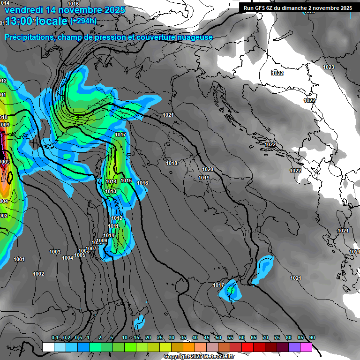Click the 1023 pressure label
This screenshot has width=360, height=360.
[x=329, y=67]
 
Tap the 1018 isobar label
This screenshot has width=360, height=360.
[x=172, y=163]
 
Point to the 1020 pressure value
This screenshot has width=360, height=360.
[x=208, y=169]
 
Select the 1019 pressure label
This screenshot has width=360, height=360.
[x=203, y=178]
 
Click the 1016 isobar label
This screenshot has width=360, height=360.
[x=142, y=183]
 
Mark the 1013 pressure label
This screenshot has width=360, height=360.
[x=111, y=191]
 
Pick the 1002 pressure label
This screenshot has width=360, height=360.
[x=38, y=274]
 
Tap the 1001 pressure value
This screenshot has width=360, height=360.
[x=19, y=259]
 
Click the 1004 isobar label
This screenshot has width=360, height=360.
[x=67, y=258]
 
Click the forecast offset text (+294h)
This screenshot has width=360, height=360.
[x=83, y=21]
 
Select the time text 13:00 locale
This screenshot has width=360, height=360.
[x=37, y=21]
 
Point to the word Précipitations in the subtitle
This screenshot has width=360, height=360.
[x=29, y=37]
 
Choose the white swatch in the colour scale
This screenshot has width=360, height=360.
[x=48, y=347]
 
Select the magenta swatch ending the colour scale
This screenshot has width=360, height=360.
[x=306, y=347]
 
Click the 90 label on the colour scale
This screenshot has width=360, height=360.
[x=312, y=337]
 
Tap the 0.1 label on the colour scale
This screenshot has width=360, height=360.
[x=54, y=337]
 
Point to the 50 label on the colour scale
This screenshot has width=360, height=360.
[x=218, y=337]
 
